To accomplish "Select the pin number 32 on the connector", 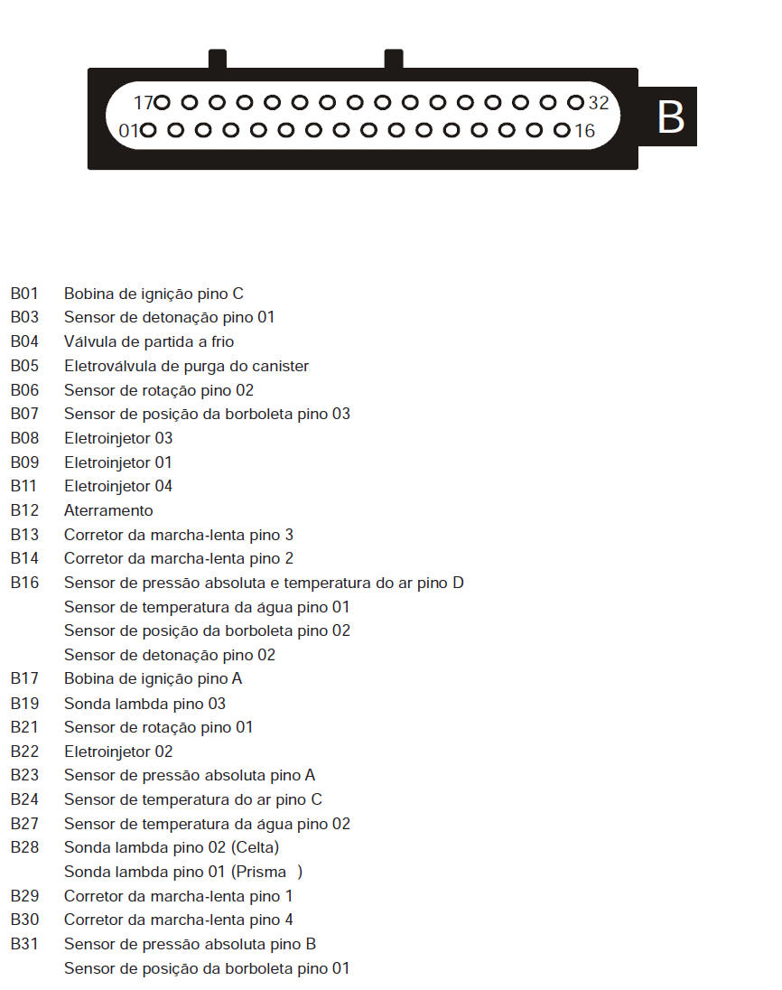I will [599, 103].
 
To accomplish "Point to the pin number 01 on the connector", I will [128, 131].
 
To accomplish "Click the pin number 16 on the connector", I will [584, 131].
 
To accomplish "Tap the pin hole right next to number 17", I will [163, 103].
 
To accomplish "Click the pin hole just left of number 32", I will [575, 103].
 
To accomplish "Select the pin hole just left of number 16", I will [562, 131].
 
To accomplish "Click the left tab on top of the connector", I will [217, 60].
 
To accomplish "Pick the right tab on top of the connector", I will [393, 60].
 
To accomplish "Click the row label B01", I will [24, 294].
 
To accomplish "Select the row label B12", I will [24, 510].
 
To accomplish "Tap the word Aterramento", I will [108, 510].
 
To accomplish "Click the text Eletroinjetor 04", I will [118, 486].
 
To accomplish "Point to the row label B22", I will [24, 752].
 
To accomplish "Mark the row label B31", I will [24, 944].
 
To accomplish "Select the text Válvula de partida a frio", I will [149, 341].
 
